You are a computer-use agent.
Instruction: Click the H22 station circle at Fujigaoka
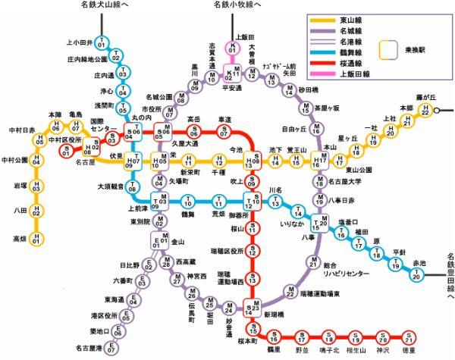click(425, 111)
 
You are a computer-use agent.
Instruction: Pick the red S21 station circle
click(409, 337)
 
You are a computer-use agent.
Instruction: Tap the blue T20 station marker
click(415, 274)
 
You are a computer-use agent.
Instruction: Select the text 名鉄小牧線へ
click(237, 6)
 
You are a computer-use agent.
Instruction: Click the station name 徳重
click(409, 351)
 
